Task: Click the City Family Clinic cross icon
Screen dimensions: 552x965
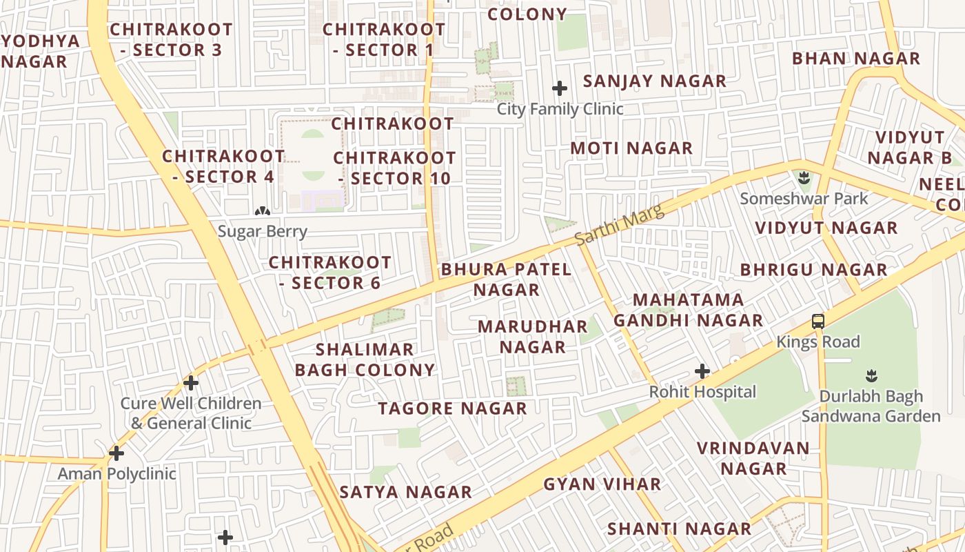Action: (x=560, y=88)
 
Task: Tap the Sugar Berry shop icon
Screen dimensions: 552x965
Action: (x=262, y=210)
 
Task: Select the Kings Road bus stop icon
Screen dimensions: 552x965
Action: (x=818, y=321)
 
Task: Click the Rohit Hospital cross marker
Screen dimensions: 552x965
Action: (x=702, y=371)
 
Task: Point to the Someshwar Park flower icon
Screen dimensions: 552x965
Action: (x=804, y=179)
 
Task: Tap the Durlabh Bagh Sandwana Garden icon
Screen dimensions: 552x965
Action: (x=871, y=376)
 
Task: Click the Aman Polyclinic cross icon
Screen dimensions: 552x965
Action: (x=116, y=453)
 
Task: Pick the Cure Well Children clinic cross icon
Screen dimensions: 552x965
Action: (x=191, y=382)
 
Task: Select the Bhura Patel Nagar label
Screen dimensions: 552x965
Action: (x=507, y=279)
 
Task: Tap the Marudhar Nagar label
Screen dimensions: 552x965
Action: (x=533, y=336)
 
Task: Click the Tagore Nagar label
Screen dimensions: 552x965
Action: (x=452, y=408)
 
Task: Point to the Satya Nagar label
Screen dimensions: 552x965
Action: (x=406, y=492)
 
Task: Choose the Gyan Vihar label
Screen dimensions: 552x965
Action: (x=602, y=484)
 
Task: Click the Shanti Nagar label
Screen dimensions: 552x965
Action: (x=679, y=529)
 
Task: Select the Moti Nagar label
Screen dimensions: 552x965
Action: (x=631, y=148)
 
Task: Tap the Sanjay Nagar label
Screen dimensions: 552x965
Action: (x=655, y=81)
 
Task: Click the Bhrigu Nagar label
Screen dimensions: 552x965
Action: (x=814, y=270)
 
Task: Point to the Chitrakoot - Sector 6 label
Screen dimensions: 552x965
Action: (x=330, y=273)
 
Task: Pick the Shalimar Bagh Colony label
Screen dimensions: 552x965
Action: (x=365, y=359)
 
